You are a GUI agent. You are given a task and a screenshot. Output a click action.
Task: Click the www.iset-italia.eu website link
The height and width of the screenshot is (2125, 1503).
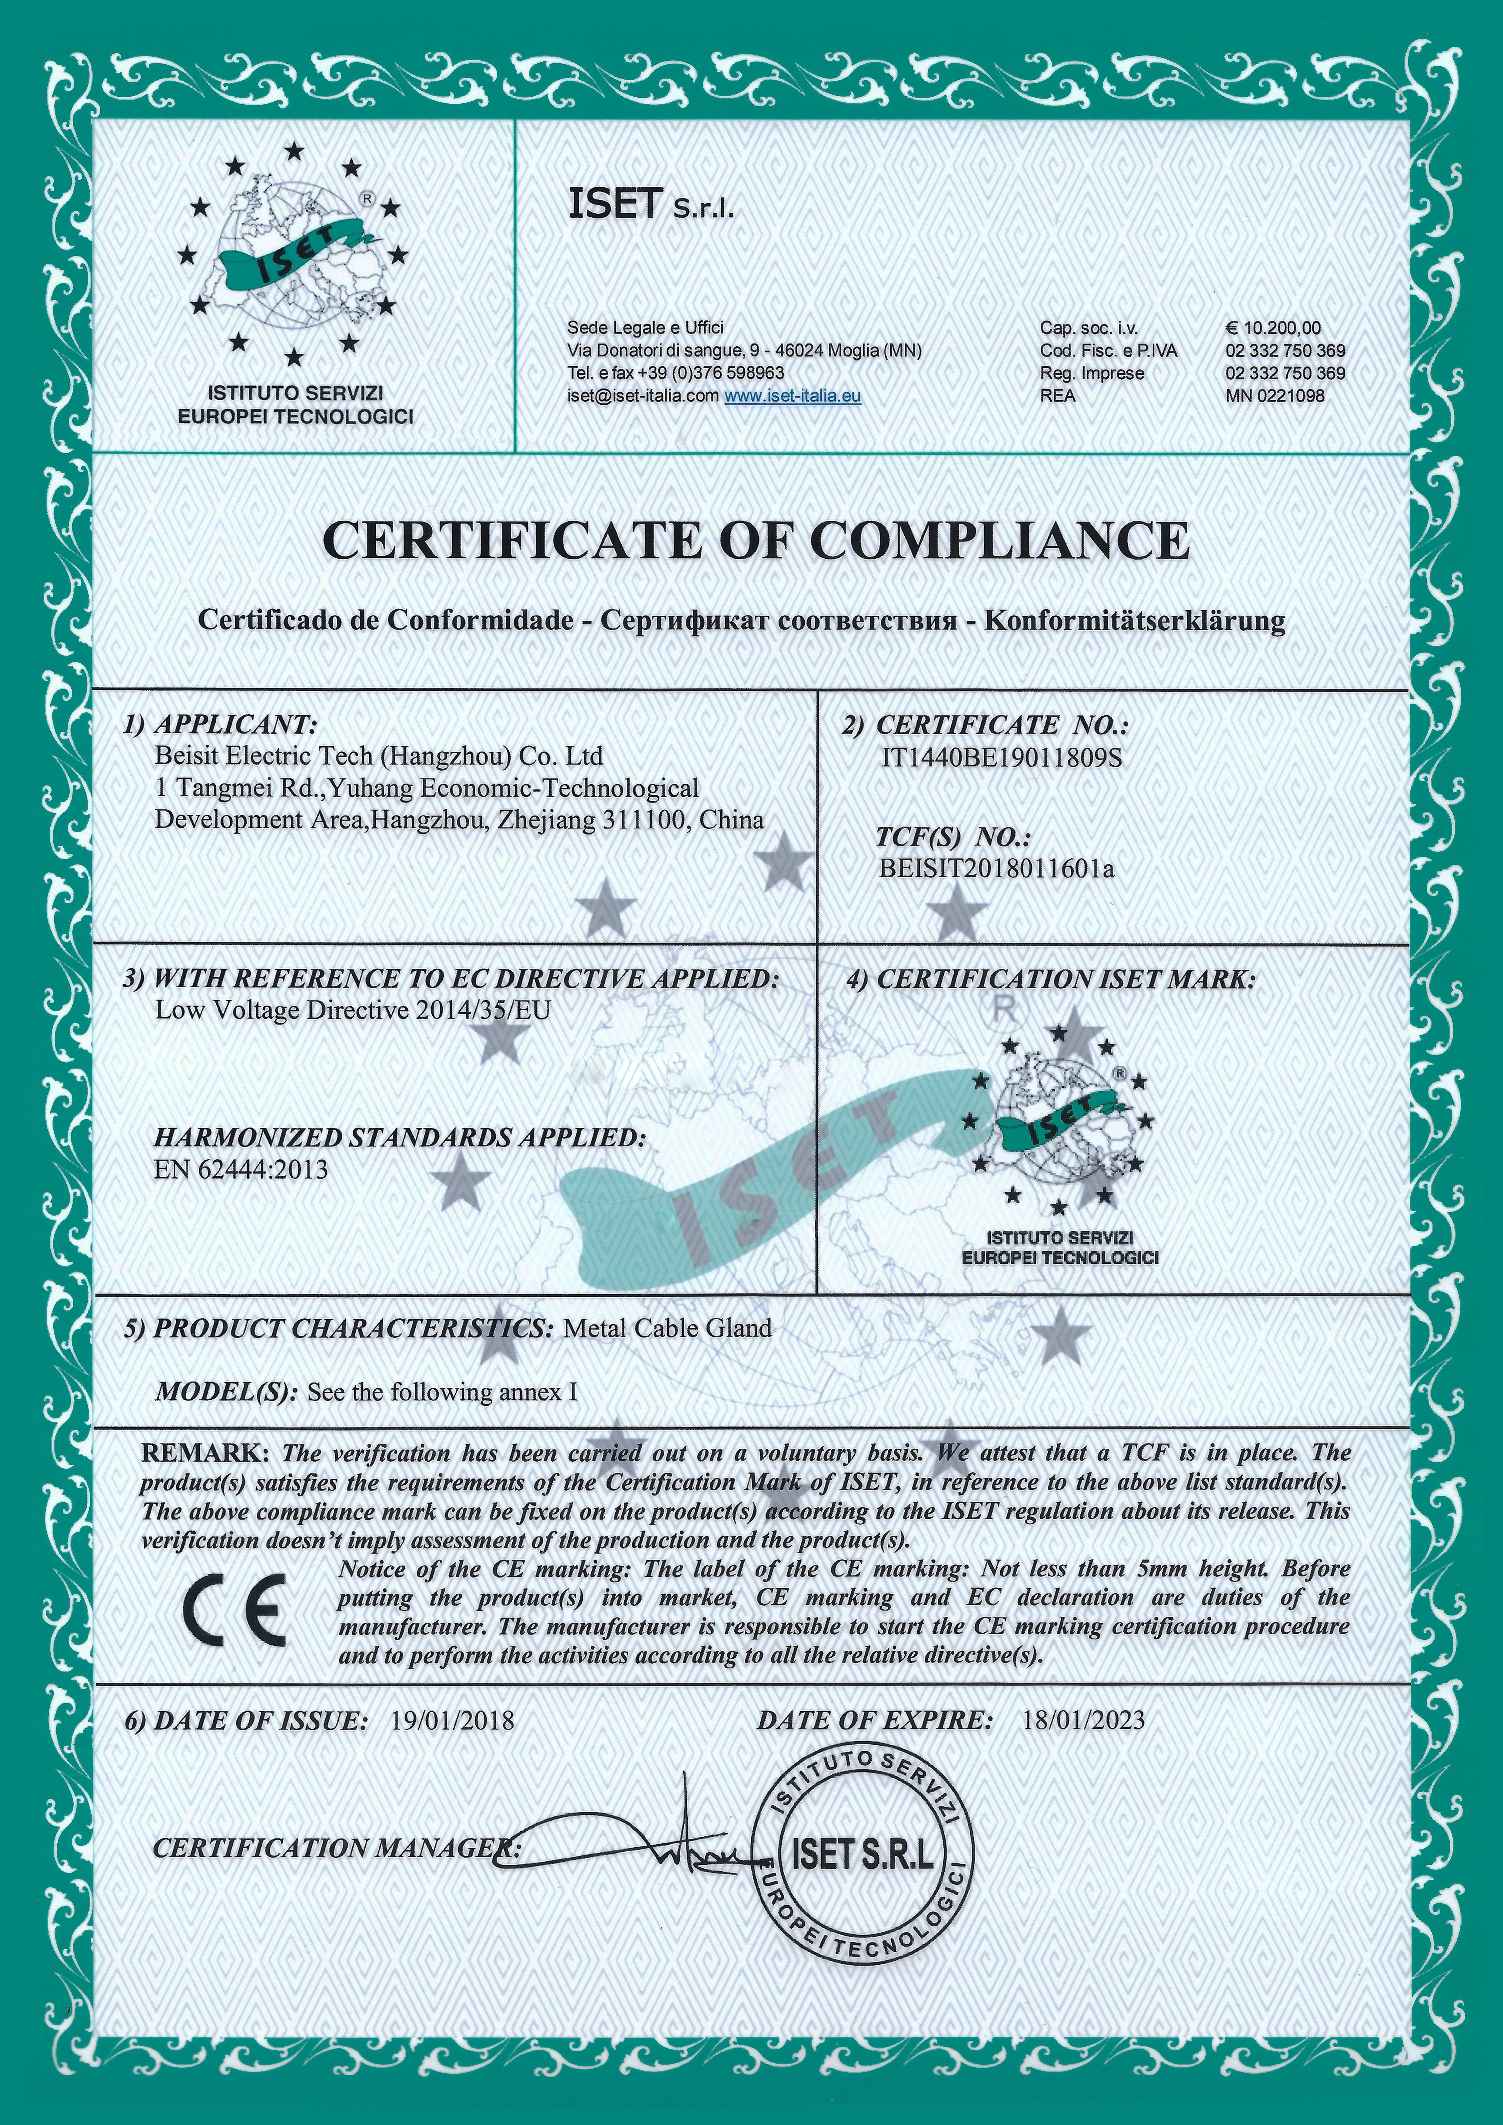[x=792, y=395]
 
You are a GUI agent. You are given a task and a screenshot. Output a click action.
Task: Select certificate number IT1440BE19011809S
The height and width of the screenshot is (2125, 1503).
[x=1001, y=758]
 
